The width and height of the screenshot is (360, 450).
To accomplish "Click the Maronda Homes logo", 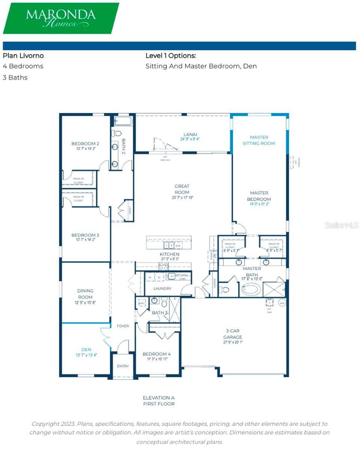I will tap(61, 18).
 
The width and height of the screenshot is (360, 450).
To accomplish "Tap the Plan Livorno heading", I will tap(23, 55).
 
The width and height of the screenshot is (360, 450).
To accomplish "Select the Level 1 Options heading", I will tap(171, 55).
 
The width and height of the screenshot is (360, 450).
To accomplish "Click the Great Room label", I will tap(182, 189).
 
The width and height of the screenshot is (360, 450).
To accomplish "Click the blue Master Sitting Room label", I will tap(259, 140).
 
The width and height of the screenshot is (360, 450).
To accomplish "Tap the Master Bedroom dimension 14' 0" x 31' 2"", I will tap(259, 204).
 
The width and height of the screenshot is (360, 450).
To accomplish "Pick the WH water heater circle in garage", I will tap(282, 302).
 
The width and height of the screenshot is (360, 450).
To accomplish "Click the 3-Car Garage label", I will tap(233, 334).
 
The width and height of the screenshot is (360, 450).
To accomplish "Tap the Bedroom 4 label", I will tap(156, 354).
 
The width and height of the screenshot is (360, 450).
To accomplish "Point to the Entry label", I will tap(123, 366).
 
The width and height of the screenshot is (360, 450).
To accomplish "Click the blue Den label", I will tap(86, 349).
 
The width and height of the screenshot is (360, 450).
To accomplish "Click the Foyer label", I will tap(123, 326).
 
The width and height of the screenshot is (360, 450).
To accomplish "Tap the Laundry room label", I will tap(162, 288).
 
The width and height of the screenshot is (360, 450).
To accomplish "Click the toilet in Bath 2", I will tap(117, 133).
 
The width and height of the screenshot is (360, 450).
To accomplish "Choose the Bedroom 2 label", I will tap(85, 144).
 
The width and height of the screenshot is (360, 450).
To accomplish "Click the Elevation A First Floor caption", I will tap(159, 400).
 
